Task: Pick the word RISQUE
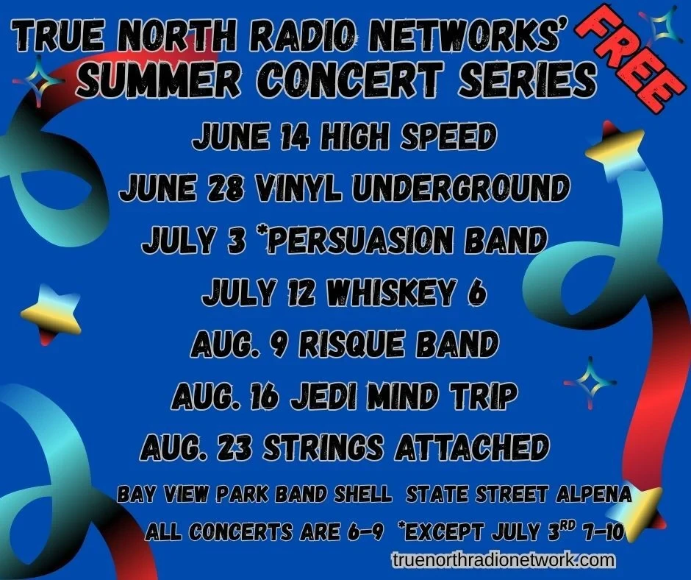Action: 351,344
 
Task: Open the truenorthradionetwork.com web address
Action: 503,559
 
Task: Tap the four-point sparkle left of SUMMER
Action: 38,81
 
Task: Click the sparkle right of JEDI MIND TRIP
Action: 590,383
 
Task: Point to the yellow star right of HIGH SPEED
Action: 617,149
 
